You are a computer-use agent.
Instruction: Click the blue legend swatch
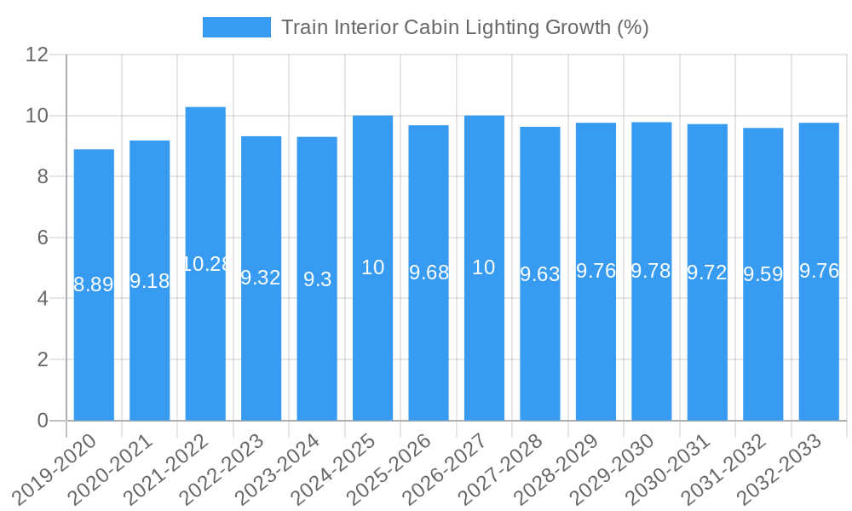pos(236,27)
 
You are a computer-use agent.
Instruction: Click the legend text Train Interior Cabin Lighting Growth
pos(464,27)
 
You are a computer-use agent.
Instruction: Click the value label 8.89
pos(94,284)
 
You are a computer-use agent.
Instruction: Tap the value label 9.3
pos(317,278)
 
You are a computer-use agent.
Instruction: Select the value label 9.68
pos(429,273)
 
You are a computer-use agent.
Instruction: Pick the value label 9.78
pos(652,271)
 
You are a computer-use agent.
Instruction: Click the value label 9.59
pos(763,274)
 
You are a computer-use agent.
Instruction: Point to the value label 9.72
pos(707,272)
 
